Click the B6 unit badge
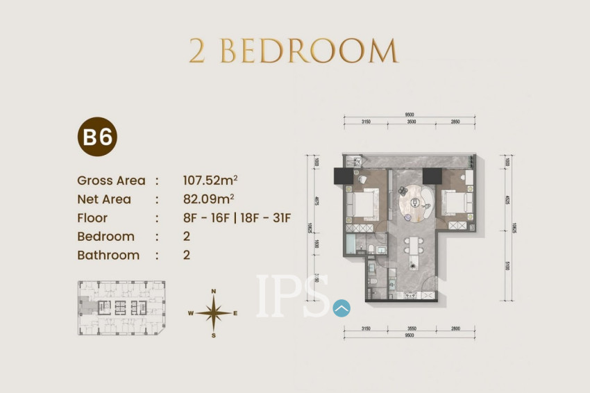coord(97,137)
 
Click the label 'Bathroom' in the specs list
coord(108,255)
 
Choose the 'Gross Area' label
coord(111,181)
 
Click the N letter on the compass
coord(214,291)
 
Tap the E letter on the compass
coord(235,313)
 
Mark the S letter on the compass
coord(214,335)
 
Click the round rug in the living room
coord(416,201)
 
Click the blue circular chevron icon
coord(342,308)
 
